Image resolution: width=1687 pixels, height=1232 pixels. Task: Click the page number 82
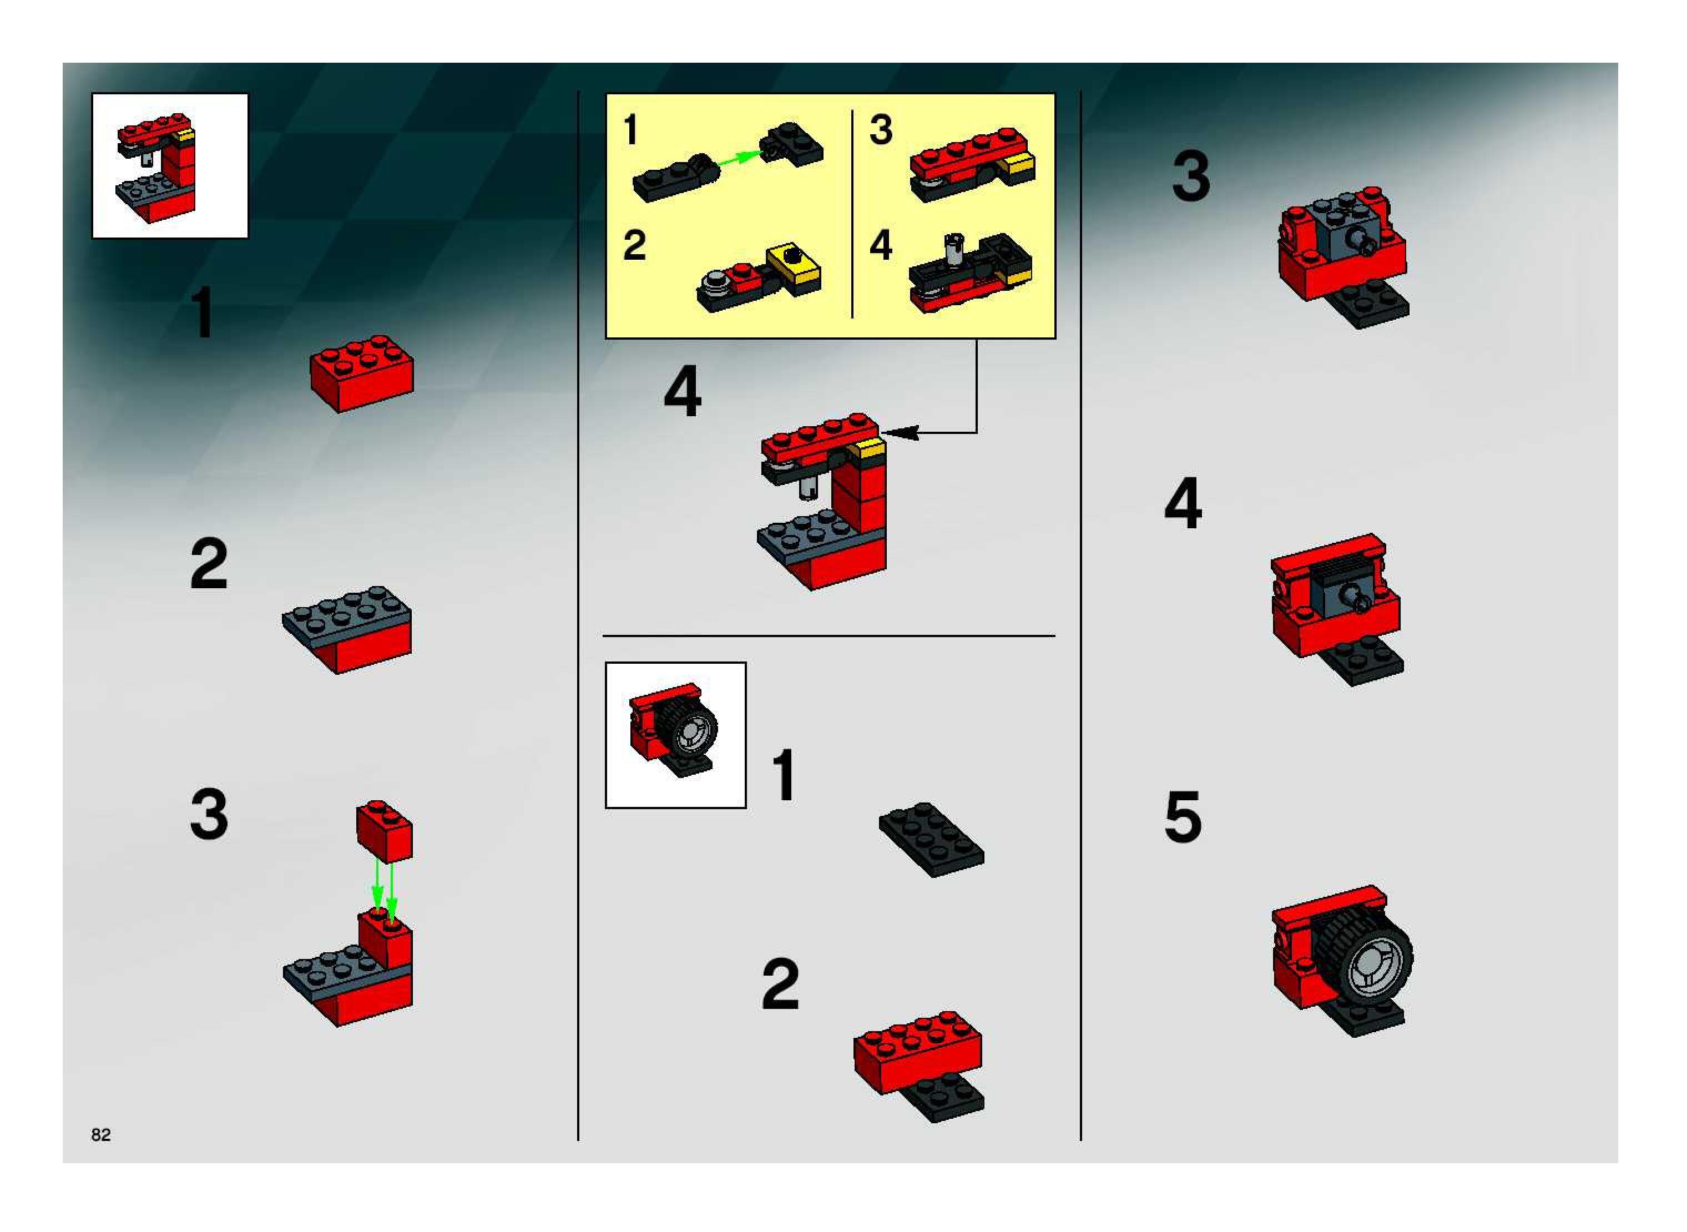pyautogui.click(x=100, y=1134)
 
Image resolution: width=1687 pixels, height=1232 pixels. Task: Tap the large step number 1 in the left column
pyautogui.click(x=202, y=313)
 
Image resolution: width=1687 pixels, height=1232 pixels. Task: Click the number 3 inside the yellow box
pyautogui.click(x=881, y=130)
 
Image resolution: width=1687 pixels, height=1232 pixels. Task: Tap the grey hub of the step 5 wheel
pyautogui.click(x=1372, y=967)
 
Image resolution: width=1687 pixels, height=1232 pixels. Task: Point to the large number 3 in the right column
pyautogui.click(x=1191, y=176)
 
